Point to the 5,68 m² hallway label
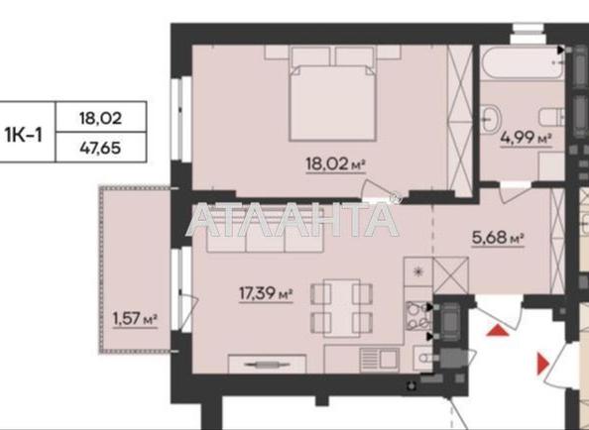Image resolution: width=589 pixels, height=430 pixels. click(x=497, y=238)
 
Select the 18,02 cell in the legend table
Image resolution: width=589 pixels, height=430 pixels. click(x=100, y=117)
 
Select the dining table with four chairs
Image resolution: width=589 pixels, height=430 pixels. click(x=335, y=307)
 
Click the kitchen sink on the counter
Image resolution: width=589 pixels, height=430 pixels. click(x=385, y=358)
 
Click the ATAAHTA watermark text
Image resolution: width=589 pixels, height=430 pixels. click(x=293, y=218)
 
